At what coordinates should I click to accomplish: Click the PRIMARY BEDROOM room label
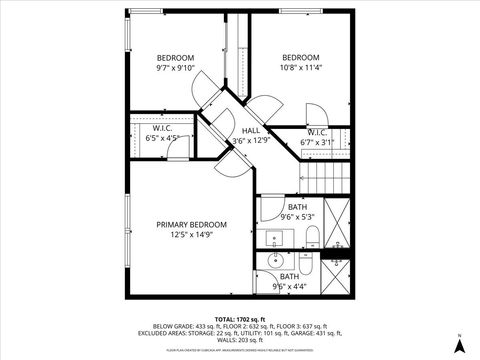coord(192,224)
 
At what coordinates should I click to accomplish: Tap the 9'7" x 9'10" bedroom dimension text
coord(175,68)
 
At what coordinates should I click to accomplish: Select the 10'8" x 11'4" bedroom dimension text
coord(300,68)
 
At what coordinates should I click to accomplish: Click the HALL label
coord(251,130)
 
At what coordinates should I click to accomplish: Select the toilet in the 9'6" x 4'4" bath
coord(306,267)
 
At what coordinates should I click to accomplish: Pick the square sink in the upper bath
coord(274,238)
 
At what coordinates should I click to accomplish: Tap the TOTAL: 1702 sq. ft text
coord(239,319)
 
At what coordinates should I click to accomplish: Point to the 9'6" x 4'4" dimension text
coord(289,286)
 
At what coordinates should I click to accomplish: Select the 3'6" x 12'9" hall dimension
coord(251,141)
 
